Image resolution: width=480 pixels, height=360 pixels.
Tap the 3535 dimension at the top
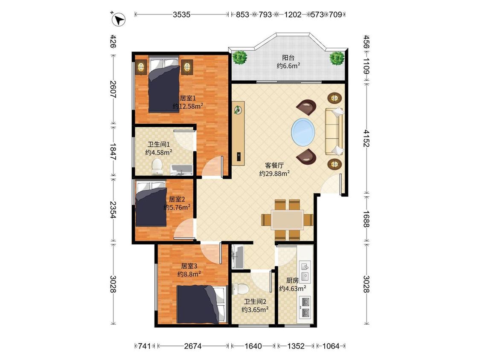[181, 15]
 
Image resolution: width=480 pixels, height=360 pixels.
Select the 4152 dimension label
[367, 138]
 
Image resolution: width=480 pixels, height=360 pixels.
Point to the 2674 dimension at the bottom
[193, 346]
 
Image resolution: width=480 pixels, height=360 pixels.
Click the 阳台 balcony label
[288, 58]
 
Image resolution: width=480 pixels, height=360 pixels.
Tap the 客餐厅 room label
[274, 165]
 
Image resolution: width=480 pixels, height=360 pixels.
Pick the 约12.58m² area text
[188, 106]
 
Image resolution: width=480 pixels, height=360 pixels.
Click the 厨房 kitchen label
[292, 280]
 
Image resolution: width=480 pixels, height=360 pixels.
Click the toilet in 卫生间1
[157, 166]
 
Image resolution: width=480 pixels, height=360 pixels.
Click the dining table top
[288, 220]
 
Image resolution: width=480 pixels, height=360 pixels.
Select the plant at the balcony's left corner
[239, 57]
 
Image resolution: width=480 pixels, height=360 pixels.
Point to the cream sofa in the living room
[334, 131]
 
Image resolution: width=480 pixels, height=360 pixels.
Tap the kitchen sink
[305, 271]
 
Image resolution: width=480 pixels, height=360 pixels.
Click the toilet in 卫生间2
[240, 289]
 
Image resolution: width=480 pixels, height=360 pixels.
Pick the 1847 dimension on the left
[113, 151]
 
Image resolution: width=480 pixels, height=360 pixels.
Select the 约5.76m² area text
[177, 207]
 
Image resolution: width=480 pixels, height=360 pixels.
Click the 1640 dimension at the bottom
[253, 346]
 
